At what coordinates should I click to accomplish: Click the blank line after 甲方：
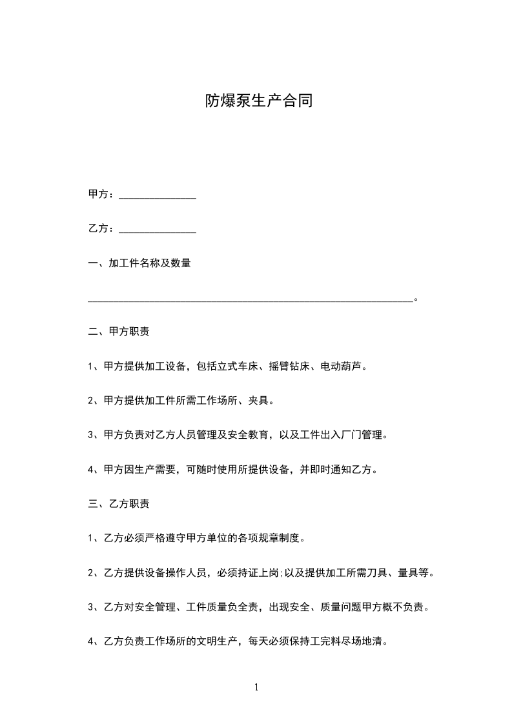(158, 196)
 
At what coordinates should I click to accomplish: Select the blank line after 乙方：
(158, 231)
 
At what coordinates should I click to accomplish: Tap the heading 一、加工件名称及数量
(139, 263)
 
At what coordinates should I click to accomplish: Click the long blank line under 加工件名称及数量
(250, 300)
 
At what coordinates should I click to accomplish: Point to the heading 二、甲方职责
(119, 332)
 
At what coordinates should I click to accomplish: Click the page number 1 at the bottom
(256, 688)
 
